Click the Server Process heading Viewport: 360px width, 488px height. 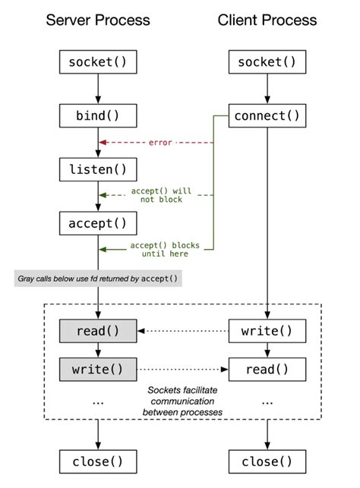tap(98, 19)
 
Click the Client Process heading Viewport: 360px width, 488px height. tap(267, 19)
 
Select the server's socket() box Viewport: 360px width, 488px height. tap(98, 62)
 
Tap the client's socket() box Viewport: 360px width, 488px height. tap(267, 62)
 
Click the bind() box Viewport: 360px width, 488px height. tap(98, 116)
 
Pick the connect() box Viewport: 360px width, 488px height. tap(267, 116)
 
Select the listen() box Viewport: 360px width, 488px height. tap(98, 169)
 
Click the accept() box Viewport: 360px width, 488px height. tap(98, 223)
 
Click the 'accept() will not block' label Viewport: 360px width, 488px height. tap(162, 197)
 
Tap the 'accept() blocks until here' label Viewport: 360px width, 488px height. tap(162, 249)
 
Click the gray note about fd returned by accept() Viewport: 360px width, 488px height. tap(98, 279)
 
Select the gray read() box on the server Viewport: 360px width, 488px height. tap(98, 330)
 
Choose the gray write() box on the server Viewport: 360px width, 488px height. tap(98, 370)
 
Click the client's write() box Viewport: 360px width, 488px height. tap(267, 330)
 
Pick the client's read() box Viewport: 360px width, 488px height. tap(267, 370)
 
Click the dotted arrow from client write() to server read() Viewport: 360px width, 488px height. tap(182, 330)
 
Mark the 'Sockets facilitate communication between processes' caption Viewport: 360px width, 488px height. tap(182, 400)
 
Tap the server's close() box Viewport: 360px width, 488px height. tap(98, 461)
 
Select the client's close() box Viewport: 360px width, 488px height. tap(267, 461)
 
